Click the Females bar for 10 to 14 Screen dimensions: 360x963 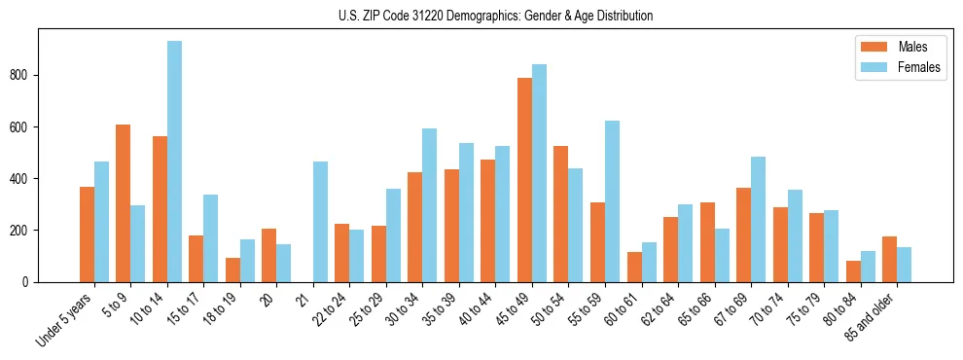[x=174, y=162]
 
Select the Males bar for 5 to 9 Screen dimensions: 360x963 [x=124, y=203]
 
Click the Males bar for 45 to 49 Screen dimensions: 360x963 [x=524, y=180]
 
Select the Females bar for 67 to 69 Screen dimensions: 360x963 [x=758, y=220]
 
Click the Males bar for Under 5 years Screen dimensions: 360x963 [x=87, y=234]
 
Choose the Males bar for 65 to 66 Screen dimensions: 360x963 [x=707, y=242]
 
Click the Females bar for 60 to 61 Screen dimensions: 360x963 [x=649, y=263]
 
